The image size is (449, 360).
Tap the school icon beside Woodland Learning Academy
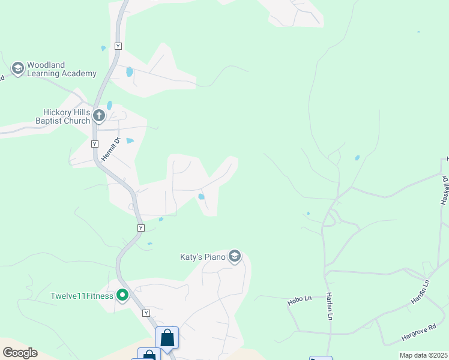(17, 69)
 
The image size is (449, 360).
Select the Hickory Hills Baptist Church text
(66, 116)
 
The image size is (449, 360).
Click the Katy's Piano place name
(203, 257)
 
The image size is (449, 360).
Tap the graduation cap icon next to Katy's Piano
(235, 257)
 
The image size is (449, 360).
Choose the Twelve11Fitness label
(82, 296)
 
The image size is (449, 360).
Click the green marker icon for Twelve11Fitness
(123, 295)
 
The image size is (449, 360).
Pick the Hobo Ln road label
(300, 298)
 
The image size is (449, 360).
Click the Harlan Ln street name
(330, 307)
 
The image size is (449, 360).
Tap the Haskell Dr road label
(444, 190)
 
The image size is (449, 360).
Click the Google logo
(20, 353)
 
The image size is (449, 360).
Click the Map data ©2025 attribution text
(424, 355)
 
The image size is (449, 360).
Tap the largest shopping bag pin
(167, 338)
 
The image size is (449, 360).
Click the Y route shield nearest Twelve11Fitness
(146, 313)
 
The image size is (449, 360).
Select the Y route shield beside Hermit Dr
(95, 144)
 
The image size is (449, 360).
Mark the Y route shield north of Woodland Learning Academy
(118, 46)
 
